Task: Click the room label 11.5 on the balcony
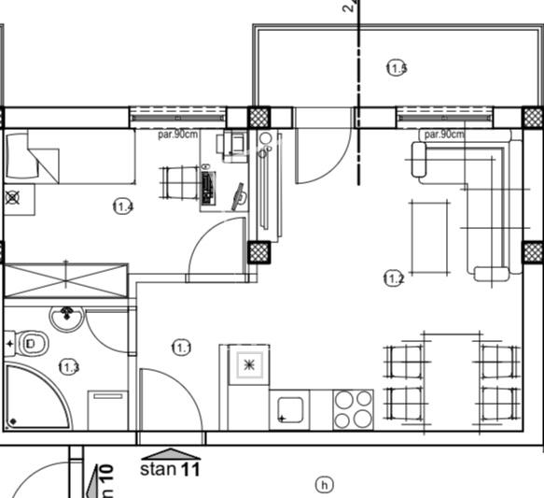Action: click(x=396, y=67)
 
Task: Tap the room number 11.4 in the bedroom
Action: click(x=122, y=206)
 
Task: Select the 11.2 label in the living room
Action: click(x=393, y=277)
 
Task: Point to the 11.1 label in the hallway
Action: click(x=182, y=348)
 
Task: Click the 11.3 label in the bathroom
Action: click(x=68, y=367)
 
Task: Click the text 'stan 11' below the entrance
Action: click(x=170, y=469)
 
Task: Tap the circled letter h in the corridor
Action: click(x=324, y=484)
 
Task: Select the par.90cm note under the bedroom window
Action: click(x=178, y=134)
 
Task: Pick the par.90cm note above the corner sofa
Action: click(x=443, y=135)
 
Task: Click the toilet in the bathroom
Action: click(x=32, y=345)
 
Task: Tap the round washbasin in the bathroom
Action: click(x=66, y=319)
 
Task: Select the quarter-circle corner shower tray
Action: click(x=34, y=398)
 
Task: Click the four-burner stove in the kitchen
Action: click(x=353, y=408)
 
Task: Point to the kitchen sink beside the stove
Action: click(x=290, y=409)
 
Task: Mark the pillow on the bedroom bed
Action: click(x=21, y=155)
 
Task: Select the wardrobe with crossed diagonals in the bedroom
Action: click(x=65, y=280)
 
